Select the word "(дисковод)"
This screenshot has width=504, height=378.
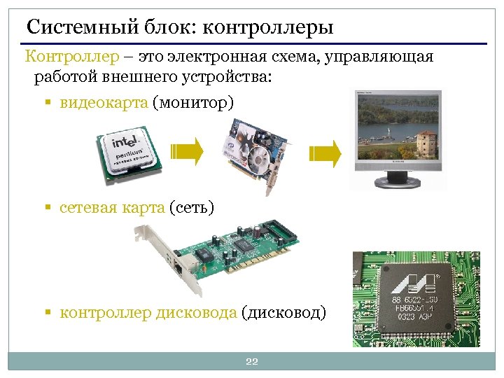click(283, 312)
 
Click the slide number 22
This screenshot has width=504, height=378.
click(252, 361)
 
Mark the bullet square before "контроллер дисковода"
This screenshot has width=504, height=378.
click(48, 313)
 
